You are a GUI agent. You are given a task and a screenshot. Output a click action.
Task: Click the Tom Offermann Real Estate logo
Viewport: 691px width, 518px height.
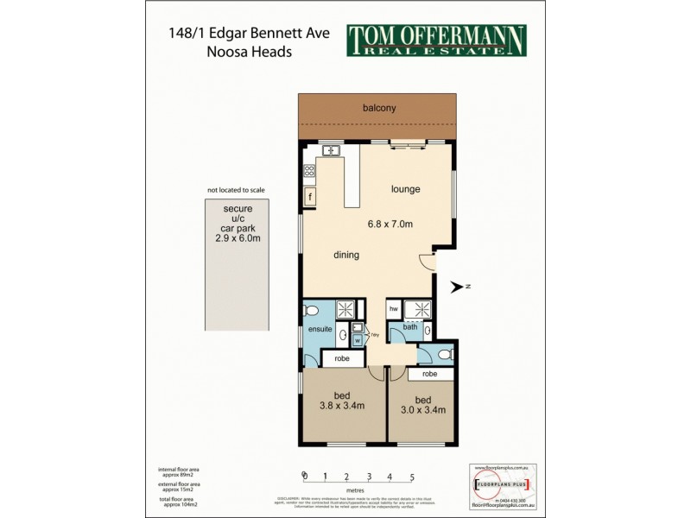(x=436, y=41)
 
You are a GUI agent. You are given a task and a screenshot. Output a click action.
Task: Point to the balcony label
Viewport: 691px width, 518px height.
(x=378, y=108)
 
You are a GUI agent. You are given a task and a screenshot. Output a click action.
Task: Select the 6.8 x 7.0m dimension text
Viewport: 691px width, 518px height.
(x=390, y=224)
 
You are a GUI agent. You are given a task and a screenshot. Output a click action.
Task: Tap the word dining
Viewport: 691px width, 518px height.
(x=346, y=255)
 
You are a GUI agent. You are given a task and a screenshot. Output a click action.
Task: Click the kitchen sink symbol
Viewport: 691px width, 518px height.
(x=330, y=151)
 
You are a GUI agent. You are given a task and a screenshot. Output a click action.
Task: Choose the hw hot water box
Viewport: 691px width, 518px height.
(x=393, y=308)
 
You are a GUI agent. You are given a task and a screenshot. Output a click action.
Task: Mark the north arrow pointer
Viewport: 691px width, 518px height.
(x=457, y=286)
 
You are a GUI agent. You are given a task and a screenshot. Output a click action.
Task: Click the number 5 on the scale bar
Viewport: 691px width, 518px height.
(x=412, y=476)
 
